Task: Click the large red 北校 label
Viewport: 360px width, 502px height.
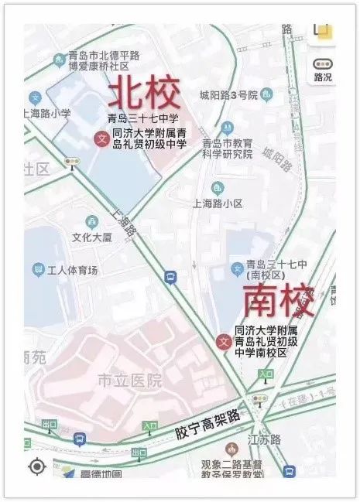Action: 144,94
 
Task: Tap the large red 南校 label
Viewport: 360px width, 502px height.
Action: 279,301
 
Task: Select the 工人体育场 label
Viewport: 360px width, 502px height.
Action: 73,270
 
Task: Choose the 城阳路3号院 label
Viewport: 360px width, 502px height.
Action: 228,96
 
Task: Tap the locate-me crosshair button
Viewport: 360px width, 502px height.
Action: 36,466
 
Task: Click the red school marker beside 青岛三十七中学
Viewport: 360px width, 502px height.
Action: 100,139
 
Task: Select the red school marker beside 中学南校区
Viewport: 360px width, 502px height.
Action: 224,342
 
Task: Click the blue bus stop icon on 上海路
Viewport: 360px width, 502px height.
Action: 170,277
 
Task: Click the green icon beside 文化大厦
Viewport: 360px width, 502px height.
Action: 92,221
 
